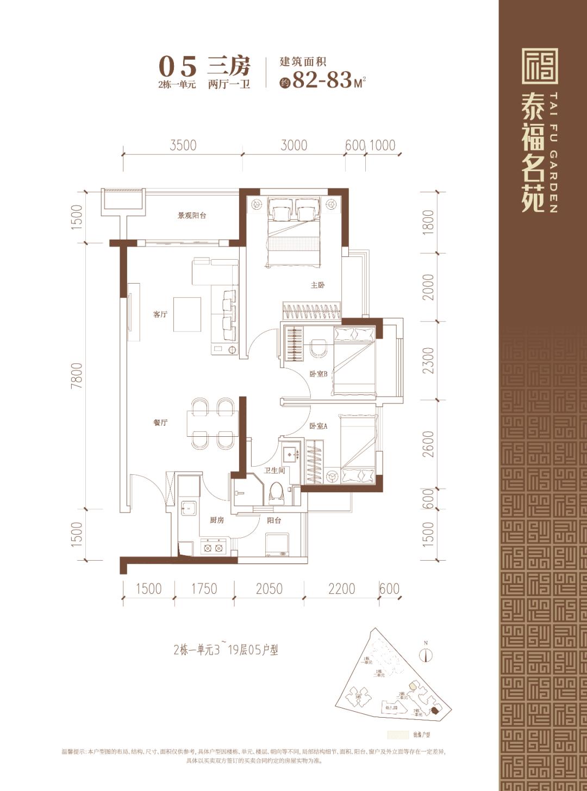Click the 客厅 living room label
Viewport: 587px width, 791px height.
[x=160, y=315]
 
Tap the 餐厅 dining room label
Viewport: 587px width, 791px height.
[x=160, y=423]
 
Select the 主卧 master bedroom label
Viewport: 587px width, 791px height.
[x=317, y=285]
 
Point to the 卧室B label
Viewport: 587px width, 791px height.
[x=318, y=374]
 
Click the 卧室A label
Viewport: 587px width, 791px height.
[x=318, y=426]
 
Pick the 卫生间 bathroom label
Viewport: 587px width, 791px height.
[x=274, y=470]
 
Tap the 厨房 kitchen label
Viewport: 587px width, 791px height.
[x=217, y=520]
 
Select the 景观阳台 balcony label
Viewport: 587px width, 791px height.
[x=192, y=216]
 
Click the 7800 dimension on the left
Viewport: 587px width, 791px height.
[x=77, y=375]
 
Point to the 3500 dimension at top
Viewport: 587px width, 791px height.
[x=183, y=146]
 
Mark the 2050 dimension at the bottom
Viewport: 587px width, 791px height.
[x=269, y=589]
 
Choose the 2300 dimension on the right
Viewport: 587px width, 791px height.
[x=429, y=360]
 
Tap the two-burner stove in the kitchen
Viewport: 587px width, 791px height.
[x=213, y=548]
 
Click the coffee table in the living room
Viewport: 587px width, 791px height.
[x=187, y=314]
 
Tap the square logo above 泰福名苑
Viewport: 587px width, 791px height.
[x=540, y=66]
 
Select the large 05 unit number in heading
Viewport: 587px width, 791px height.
[x=177, y=67]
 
